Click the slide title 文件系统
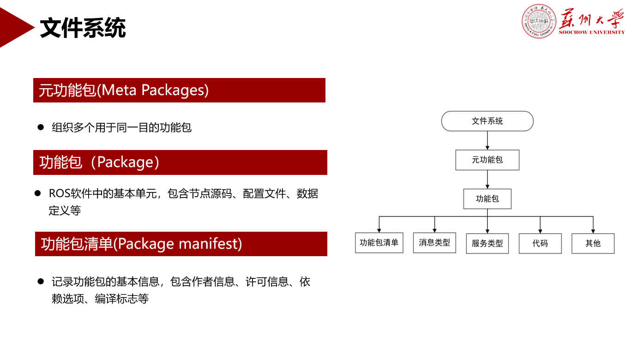(x=83, y=29)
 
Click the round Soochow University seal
(x=539, y=21)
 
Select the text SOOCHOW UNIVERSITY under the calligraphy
(x=591, y=32)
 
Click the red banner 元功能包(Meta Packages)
(x=179, y=90)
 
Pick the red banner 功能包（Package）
(x=180, y=162)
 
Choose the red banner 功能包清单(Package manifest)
(x=181, y=244)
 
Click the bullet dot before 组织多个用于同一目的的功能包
(x=41, y=127)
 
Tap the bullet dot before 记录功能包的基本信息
(x=41, y=282)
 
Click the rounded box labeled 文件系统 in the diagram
(x=487, y=121)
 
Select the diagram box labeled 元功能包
(x=487, y=160)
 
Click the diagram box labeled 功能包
(x=487, y=199)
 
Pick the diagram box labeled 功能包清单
(x=379, y=243)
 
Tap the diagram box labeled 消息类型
(x=434, y=243)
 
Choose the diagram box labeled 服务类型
(x=487, y=243)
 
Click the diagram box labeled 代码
(x=540, y=243)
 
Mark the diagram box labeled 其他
(x=593, y=243)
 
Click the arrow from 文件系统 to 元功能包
(x=488, y=140)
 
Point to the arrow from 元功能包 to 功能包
(x=488, y=179)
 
